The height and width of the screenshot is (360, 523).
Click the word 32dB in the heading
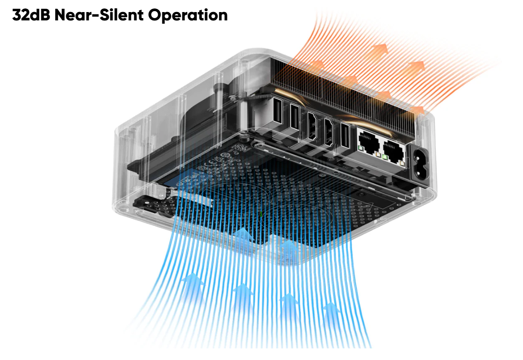[31, 15]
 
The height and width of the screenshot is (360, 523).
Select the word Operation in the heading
[188, 15]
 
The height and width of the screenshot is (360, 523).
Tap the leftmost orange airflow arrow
[317, 64]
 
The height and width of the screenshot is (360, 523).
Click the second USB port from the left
[294, 116]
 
